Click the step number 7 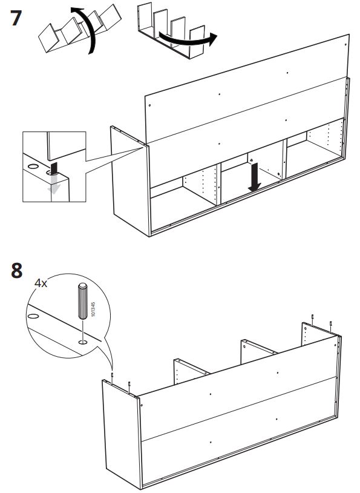pyautogui.click(x=16, y=18)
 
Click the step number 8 pyautogui.click(x=17, y=270)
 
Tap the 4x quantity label pyautogui.click(x=41, y=283)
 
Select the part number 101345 pyautogui.click(x=93, y=309)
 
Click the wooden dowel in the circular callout pyautogui.click(x=83, y=301)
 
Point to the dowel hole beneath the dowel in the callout pyautogui.click(x=83, y=342)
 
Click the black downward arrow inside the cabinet pyautogui.click(x=254, y=177)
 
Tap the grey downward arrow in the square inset pyautogui.click(x=54, y=184)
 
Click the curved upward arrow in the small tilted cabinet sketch pyautogui.click(x=85, y=30)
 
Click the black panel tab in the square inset pyautogui.click(x=54, y=168)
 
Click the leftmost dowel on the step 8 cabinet pyautogui.click(x=112, y=377)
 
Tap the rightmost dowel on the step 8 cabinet pyautogui.click(x=330, y=326)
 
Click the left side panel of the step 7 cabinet pyautogui.click(x=129, y=181)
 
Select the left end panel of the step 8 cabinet pyautogui.click(x=122, y=433)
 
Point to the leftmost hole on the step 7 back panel pyautogui.click(x=149, y=105)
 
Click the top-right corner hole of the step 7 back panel pyautogui.click(x=345, y=45)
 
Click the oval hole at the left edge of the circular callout pyautogui.click(x=33, y=316)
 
